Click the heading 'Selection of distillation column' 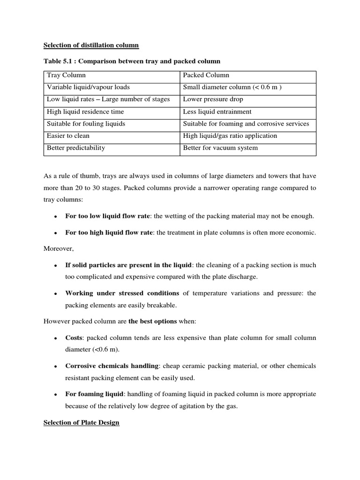(x=91, y=45)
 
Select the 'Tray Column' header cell (x=66, y=75)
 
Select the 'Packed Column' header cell (x=206, y=75)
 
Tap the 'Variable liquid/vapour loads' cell (x=88, y=87)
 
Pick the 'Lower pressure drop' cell (x=213, y=99)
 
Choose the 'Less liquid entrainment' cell (x=217, y=112)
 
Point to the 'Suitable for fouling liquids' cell (x=86, y=124)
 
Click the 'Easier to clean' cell (x=68, y=136)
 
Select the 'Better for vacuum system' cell (x=220, y=148)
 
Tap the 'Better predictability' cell (x=76, y=148)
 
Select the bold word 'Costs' (x=75, y=337)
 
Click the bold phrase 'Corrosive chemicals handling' (x=112, y=366)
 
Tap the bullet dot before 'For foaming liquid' (x=55, y=394)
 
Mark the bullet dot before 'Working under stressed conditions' (x=55, y=293)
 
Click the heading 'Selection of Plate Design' (x=82, y=422)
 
